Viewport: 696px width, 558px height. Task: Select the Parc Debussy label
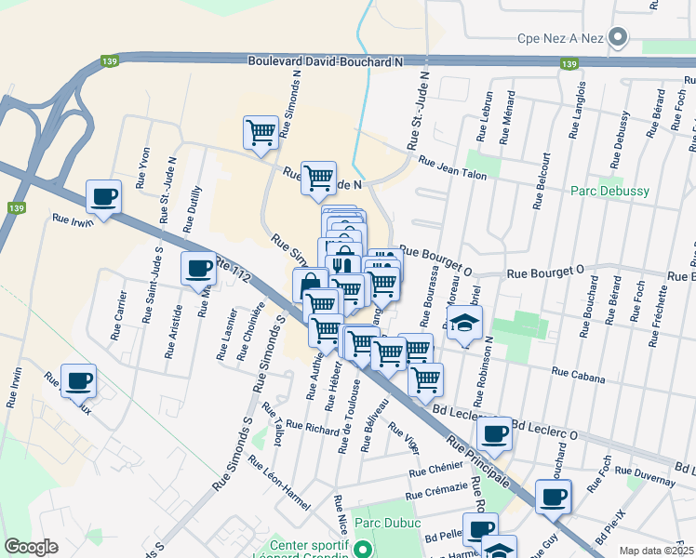[x=609, y=191]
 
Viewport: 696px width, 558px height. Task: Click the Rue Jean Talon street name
[x=453, y=167]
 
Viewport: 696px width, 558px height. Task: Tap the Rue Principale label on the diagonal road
[x=477, y=462]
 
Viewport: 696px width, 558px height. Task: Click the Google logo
[x=31, y=546]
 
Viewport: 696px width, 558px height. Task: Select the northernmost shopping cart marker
[x=261, y=132]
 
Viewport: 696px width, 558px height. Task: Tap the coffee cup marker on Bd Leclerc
[x=495, y=432]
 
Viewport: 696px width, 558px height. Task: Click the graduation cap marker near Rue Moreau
[x=463, y=325]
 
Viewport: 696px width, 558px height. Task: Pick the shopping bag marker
[x=310, y=284]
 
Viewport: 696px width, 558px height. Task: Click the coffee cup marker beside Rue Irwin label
[x=104, y=196]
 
